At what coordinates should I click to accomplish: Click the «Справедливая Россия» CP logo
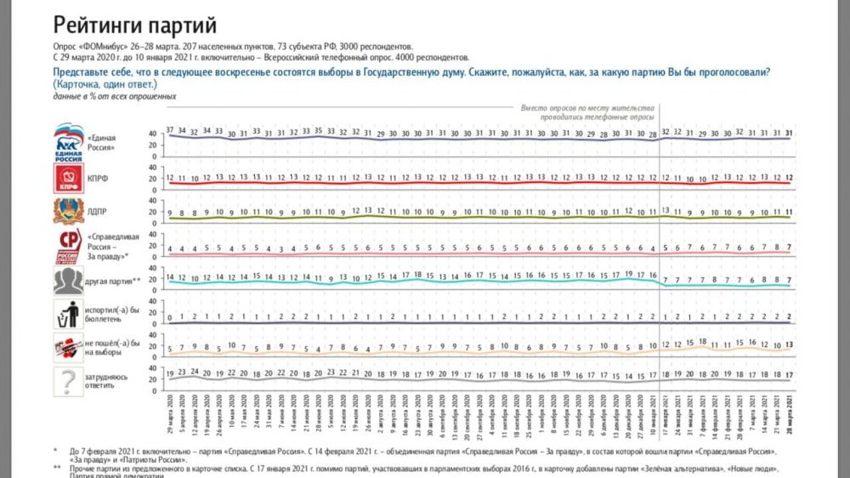point(67,246)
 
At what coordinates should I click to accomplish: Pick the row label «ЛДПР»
point(98,213)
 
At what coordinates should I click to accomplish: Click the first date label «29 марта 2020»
point(171,415)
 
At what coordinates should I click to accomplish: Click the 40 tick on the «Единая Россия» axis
point(153,134)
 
